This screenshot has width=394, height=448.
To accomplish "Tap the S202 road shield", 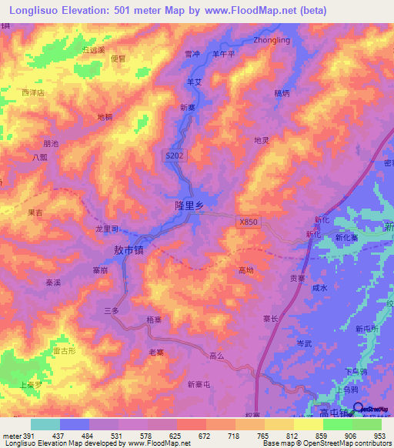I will pos(175,155).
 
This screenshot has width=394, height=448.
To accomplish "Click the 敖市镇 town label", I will pos(129,250).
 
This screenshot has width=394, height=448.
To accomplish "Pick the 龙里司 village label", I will pos(106,229).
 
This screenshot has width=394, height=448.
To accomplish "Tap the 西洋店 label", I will pos(34,92).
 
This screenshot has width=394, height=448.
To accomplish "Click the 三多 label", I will pos(112,309).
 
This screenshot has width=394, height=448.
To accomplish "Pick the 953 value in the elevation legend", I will pos(379,436).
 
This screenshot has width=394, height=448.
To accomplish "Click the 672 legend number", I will pos(205,436).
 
